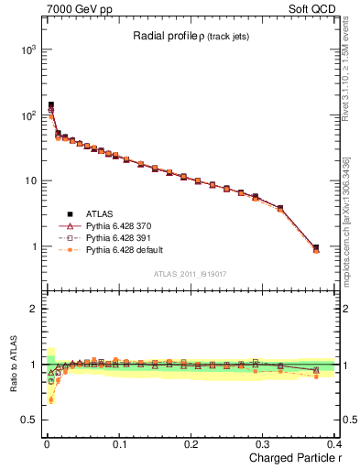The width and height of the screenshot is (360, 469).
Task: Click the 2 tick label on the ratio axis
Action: coord(33,309)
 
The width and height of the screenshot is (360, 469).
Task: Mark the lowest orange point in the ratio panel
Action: coord(50,399)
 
